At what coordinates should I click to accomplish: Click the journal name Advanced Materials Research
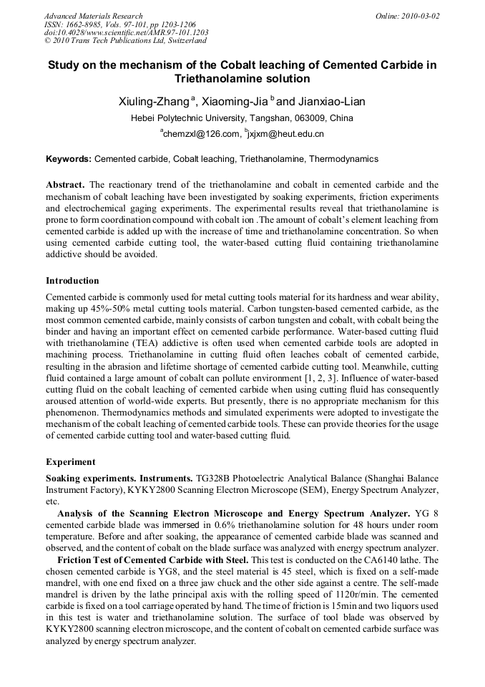point(93,16)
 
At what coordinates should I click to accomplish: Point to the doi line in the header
point(126,33)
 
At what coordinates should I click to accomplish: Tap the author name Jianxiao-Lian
point(332,102)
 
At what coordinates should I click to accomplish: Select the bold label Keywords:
point(69,159)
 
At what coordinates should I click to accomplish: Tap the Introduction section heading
point(72,280)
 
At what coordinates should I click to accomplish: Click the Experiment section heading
point(70,461)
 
